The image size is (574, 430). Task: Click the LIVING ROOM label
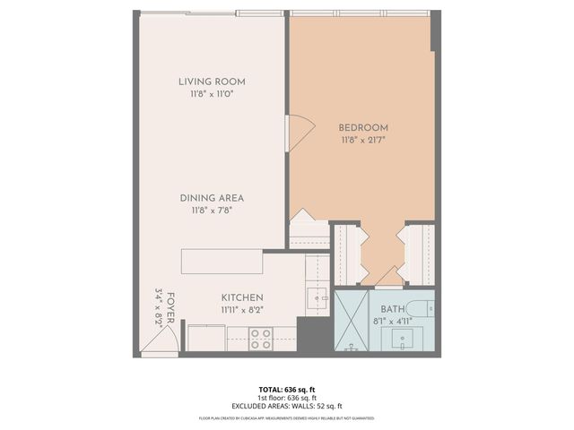click(212, 82)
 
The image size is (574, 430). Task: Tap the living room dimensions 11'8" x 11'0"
click(212, 94)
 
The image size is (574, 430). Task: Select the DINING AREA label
click(212, 198)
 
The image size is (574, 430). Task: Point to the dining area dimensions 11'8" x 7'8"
click(212, 211)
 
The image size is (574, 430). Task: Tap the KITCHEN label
click(242, 298)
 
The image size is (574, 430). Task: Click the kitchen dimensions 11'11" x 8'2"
click(242, 311)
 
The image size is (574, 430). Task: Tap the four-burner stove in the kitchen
click(260, 339)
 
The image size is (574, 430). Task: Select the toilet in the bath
click(426, 310)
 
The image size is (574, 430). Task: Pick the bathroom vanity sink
click(400, 340)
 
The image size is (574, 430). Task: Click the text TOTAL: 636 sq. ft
click(286, 390)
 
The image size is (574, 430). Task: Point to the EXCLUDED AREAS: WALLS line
click(286, 405)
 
